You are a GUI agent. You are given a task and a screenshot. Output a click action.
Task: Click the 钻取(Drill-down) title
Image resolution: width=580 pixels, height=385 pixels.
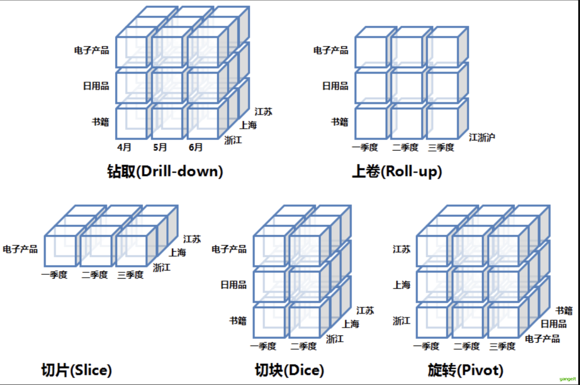point(165,172)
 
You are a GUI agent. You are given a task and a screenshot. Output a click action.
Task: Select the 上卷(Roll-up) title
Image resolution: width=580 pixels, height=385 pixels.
point(397,172)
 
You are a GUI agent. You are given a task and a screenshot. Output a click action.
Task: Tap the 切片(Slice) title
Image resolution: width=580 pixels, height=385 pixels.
point(76,370)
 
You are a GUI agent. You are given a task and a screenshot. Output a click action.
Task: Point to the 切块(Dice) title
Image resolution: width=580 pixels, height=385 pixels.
point(289,370)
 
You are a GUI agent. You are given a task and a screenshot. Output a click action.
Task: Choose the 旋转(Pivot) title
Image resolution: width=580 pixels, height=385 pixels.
point(465,370)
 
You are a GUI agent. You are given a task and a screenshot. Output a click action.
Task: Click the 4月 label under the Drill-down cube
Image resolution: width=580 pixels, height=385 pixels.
point(124,147)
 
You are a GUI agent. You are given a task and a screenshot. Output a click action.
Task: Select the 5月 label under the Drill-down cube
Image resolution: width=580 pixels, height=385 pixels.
point(160,147)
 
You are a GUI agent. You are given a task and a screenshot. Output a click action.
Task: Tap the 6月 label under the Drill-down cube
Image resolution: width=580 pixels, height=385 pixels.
point(195,147)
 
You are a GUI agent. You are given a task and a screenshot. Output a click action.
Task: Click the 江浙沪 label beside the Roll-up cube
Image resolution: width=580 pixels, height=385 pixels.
point(482,137)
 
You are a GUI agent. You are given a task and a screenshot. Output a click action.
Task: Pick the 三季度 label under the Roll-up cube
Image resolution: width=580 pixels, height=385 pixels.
point(441,148)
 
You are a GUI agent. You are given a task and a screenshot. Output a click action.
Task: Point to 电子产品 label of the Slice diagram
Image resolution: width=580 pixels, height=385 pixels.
point(20,249)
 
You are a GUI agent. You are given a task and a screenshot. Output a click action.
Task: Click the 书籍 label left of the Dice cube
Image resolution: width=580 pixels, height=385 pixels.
point(238,321)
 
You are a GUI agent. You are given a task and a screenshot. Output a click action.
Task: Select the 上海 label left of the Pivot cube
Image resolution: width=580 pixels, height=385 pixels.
point(401,285)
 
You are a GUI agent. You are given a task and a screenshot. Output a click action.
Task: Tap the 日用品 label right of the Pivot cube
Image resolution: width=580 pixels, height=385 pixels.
point(553,324)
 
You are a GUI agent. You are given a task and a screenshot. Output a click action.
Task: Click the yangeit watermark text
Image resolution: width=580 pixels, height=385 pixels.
point(568,379)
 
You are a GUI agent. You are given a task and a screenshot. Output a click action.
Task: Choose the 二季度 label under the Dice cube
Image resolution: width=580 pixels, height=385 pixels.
point(304,346)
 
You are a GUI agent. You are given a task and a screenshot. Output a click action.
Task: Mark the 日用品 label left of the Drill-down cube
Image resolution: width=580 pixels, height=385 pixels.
point(96,86)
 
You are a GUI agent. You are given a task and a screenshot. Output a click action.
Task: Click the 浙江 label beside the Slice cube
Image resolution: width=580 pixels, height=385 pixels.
point(162,267)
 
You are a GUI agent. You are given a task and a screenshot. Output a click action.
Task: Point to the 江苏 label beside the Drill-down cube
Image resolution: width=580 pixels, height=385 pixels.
point(264,112)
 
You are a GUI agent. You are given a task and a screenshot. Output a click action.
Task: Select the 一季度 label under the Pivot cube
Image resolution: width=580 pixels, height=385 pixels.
point(426,346)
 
